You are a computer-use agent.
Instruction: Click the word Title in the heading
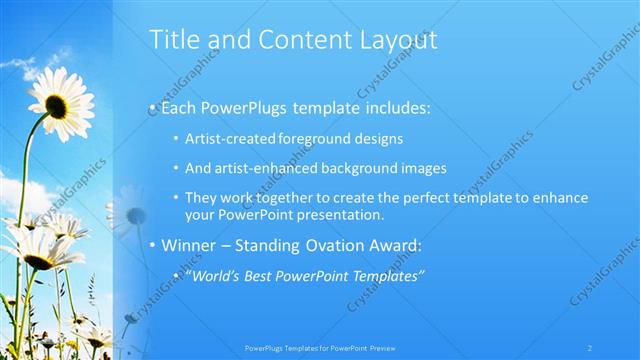171,40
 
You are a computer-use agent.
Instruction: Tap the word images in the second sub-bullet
424,169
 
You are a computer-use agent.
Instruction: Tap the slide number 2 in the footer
590,346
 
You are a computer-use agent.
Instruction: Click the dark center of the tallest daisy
57,105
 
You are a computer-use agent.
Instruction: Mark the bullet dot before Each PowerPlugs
152,106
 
